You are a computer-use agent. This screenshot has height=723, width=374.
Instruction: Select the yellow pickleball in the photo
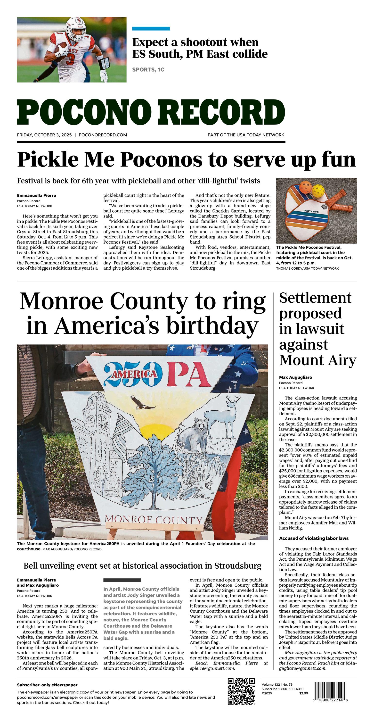pos(318,191)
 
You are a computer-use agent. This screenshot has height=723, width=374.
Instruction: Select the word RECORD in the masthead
pos(222,112)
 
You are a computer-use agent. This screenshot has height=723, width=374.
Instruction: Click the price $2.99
pos(303,693)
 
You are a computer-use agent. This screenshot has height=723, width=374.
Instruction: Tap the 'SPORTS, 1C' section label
pos(148,70)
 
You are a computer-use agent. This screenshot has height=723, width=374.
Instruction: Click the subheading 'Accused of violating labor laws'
pos(314,538)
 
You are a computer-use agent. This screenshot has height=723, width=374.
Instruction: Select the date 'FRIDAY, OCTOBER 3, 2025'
pos(44,135)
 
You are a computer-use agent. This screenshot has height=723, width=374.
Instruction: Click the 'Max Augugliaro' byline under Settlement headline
pos(295,377)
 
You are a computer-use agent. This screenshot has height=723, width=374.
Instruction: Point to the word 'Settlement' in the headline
pos(315,298)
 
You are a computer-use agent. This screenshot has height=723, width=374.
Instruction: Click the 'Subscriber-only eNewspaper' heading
pos(47,685)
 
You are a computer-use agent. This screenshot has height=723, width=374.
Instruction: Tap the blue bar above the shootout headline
pos(151,29)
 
